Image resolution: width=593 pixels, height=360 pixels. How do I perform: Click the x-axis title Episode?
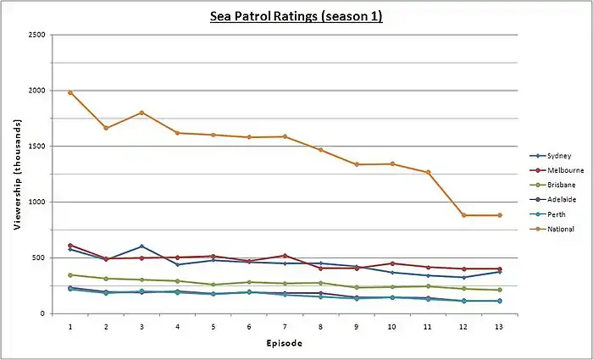point(285,343)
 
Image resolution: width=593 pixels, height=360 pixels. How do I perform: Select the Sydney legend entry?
point(557,156)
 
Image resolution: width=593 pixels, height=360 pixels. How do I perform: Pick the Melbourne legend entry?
point(563,170)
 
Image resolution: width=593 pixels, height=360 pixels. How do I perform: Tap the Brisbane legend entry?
point(560,185)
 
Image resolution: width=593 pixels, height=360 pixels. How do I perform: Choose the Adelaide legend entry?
point(560,199)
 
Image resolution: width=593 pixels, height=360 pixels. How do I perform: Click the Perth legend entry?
point(555,213)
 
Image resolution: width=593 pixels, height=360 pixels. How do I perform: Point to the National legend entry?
point(560,228)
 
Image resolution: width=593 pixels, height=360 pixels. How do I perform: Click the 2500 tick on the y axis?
point(37,35)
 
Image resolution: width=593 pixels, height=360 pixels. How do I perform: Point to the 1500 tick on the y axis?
point(37,147)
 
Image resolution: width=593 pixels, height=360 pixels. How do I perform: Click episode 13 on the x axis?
point(500,325)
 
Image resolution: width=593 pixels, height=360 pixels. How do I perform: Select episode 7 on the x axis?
point(285,325)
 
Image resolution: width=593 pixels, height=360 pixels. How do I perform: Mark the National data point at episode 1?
point(69,92)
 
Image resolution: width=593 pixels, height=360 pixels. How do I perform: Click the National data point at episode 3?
point(141,113)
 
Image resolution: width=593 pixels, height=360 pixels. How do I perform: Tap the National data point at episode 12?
point(464,215)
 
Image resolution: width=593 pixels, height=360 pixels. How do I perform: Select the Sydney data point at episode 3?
point(141,246)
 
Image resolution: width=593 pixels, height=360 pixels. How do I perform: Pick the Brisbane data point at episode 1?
point(69,274)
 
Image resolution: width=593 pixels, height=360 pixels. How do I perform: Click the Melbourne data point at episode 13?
point(500,269)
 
